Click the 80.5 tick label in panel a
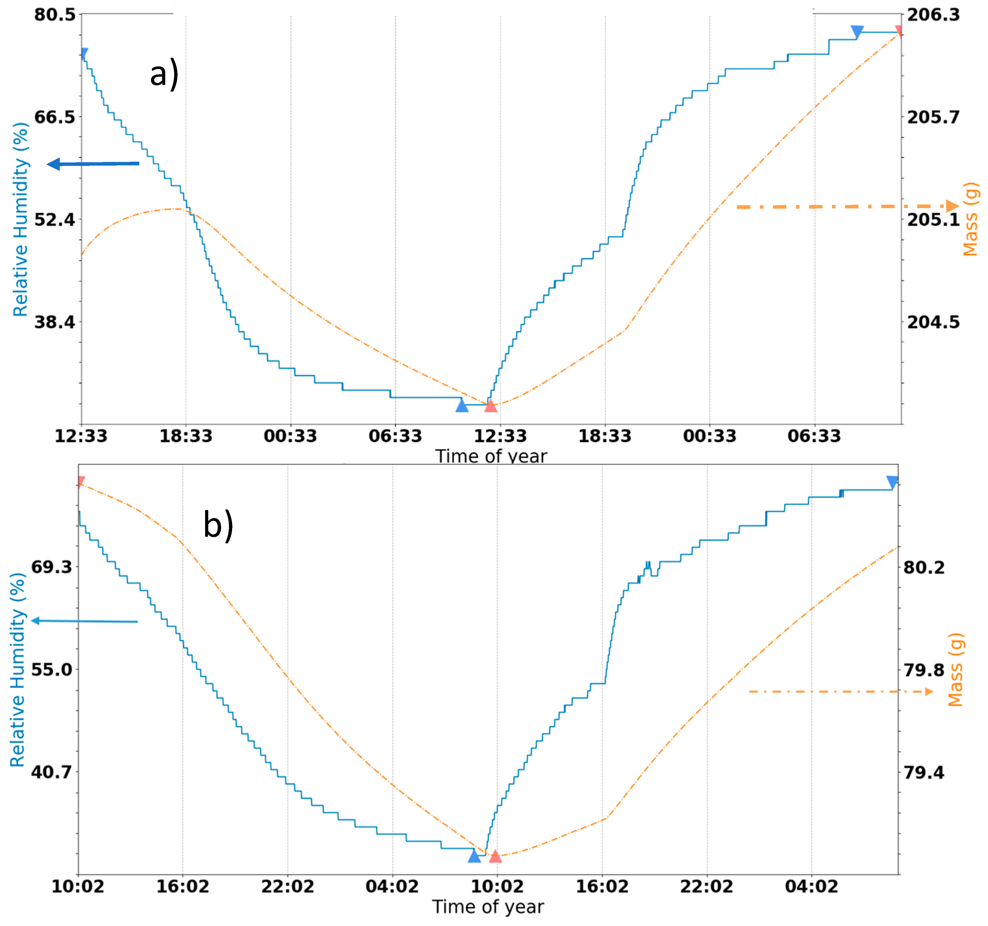point(55,15)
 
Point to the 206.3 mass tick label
point(933,15)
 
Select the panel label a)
point(164,73)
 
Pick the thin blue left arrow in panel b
point(84,621)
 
